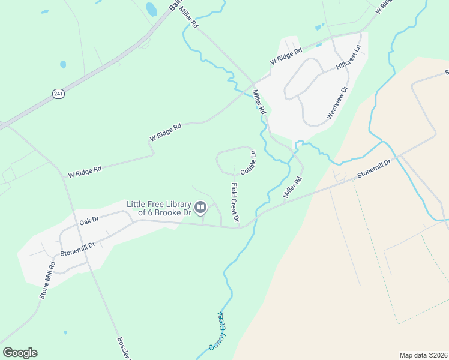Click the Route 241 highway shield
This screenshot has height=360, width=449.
pyautogui.click(x=58, y=94)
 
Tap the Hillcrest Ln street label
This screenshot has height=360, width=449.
pyautogui.click(x=349, y=58)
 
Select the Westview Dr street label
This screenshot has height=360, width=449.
pyautogui.click(x=337, y=104)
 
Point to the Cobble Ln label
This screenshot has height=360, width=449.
pyautogui.click(x=249, y=163)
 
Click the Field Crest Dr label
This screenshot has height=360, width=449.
pyautogui.click(x=234, y=202)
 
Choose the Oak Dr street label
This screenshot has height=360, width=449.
pyautogui.click(x=88, y=221)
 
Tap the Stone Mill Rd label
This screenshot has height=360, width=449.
pyautogui.click(x=47, y=283)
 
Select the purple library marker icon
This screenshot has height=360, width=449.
pyautogui.click(x=200, y=208)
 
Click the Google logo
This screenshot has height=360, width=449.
pyautogui.click(x=20, y=353)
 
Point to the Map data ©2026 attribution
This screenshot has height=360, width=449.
pyautogui.click(x=424, y=355)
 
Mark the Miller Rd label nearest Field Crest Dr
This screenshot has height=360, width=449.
pyautogui.click(x=292, y=187)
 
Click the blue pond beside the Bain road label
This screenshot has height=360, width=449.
pyautogui.click(x=151, y=9)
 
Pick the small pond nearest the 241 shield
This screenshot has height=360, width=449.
pyautogui.click(x=63, y=64)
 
